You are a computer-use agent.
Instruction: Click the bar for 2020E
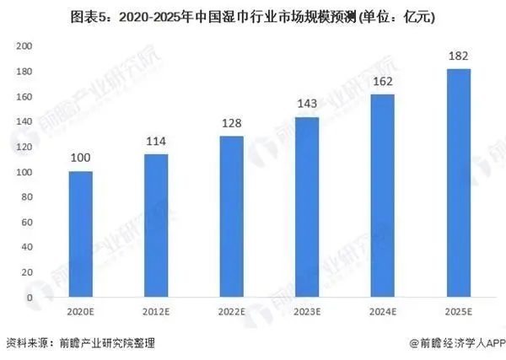80,234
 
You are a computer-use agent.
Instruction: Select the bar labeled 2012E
156,226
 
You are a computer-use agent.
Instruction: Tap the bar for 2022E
231,217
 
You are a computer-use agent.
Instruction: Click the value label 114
156,142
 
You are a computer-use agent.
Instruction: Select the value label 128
231,125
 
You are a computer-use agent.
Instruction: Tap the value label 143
307,105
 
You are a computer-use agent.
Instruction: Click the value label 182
458,56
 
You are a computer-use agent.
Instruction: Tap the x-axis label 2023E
307,312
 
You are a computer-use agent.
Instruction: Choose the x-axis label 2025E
458,312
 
